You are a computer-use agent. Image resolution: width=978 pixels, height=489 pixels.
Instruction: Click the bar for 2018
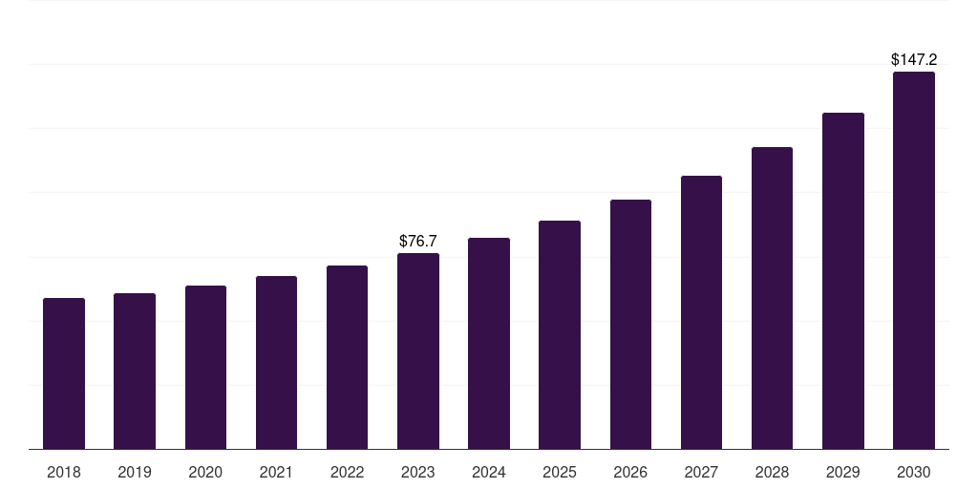64,373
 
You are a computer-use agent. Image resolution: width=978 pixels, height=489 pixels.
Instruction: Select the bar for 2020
205,368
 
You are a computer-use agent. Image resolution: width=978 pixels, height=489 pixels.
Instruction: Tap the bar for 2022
347,357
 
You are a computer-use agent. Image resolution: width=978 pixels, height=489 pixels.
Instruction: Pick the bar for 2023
418,351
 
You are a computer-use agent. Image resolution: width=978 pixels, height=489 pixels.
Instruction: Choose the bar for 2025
560,335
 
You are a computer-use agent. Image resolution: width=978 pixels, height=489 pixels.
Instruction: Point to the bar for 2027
701,312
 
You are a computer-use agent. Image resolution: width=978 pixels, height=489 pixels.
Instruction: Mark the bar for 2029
843,281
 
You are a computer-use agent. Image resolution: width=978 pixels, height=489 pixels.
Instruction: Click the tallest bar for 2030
914,261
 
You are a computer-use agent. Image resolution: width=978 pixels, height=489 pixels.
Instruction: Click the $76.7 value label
418,241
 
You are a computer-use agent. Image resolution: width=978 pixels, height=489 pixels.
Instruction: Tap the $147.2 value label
914,59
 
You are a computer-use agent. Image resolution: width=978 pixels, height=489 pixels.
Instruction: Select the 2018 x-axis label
64,472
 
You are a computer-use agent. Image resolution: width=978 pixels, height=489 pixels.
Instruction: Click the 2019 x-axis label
135,472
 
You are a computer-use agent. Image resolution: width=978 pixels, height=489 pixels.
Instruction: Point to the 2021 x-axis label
276,472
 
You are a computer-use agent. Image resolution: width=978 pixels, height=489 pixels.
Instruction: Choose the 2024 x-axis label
489,472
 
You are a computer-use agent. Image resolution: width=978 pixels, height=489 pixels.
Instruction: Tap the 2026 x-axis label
630,472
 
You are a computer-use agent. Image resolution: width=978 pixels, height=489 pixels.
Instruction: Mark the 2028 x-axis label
772,472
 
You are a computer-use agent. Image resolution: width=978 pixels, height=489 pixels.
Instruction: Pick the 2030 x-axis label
914,472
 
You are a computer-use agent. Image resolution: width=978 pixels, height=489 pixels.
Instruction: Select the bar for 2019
135,372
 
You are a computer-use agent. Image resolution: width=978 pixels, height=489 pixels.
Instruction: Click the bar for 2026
630,325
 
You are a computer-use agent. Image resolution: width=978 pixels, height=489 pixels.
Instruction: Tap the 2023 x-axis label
418,472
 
